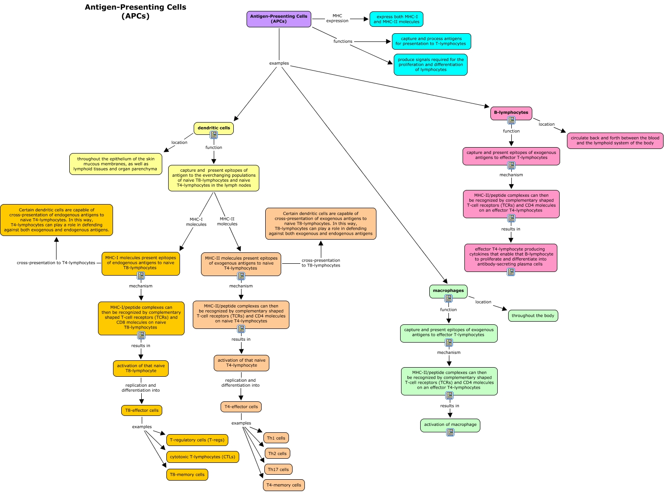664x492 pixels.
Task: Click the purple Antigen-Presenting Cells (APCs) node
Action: tap(279, 19)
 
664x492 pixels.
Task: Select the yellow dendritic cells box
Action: tap(214, 128)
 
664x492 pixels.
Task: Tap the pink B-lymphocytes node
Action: tap(511, 113)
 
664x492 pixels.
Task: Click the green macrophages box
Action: tap(448, 291)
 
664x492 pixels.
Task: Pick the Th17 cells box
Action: tap(278, 469)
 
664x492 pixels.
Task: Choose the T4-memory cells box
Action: tap(283, 485)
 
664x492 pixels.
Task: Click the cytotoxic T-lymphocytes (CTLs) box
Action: tap(202, 457)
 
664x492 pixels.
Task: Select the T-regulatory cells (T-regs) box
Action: tap(197, 440)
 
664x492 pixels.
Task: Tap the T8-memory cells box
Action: tap(187, 475)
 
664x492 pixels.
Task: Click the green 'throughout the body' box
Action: tap(533, 316)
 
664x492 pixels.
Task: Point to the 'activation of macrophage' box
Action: tap(450, 425)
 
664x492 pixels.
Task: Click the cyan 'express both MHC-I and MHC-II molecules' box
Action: tap(396, 19)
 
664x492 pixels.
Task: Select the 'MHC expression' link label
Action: tap(337, 18)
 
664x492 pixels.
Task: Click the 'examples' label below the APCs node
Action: tap(279, 63)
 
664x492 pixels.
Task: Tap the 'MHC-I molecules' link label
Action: tap(196, 222)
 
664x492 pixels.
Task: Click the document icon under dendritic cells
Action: tap(214, 135)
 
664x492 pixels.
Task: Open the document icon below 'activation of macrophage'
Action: tap(450, 432)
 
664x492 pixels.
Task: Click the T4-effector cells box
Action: tap(241, 407)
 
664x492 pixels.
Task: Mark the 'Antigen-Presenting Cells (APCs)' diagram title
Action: tap(135, 11)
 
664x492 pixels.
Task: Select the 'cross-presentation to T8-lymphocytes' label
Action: tap(321, 263)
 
